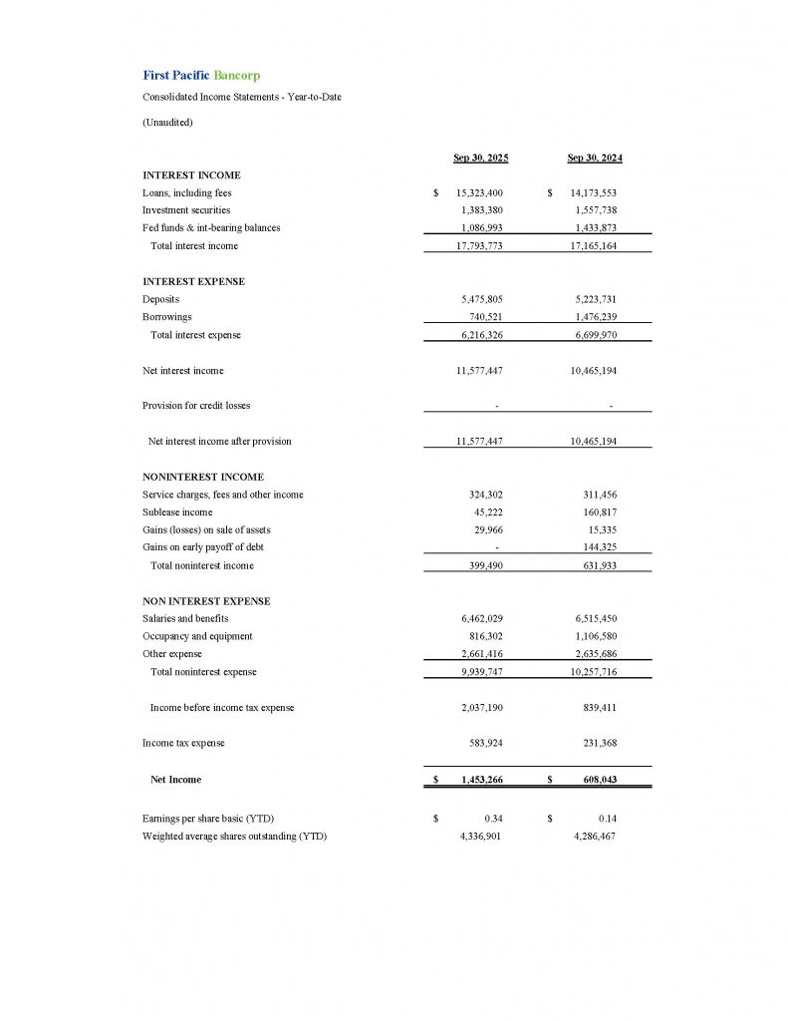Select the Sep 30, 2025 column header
(481, 158)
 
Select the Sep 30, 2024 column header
(595, 158)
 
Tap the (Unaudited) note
(167, 122)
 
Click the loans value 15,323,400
(479, 193)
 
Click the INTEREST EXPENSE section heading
(193, 281)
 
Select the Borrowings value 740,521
(485, 317)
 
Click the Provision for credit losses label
(196, 406)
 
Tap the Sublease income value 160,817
(599, 512)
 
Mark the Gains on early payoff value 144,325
(599, 547)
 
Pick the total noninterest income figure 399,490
(485, 565)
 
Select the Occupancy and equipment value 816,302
(485, 636)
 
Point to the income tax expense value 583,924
(485, 743)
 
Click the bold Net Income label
(175, 779)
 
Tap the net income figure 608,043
(597, 780)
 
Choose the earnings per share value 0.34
(492, 819)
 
